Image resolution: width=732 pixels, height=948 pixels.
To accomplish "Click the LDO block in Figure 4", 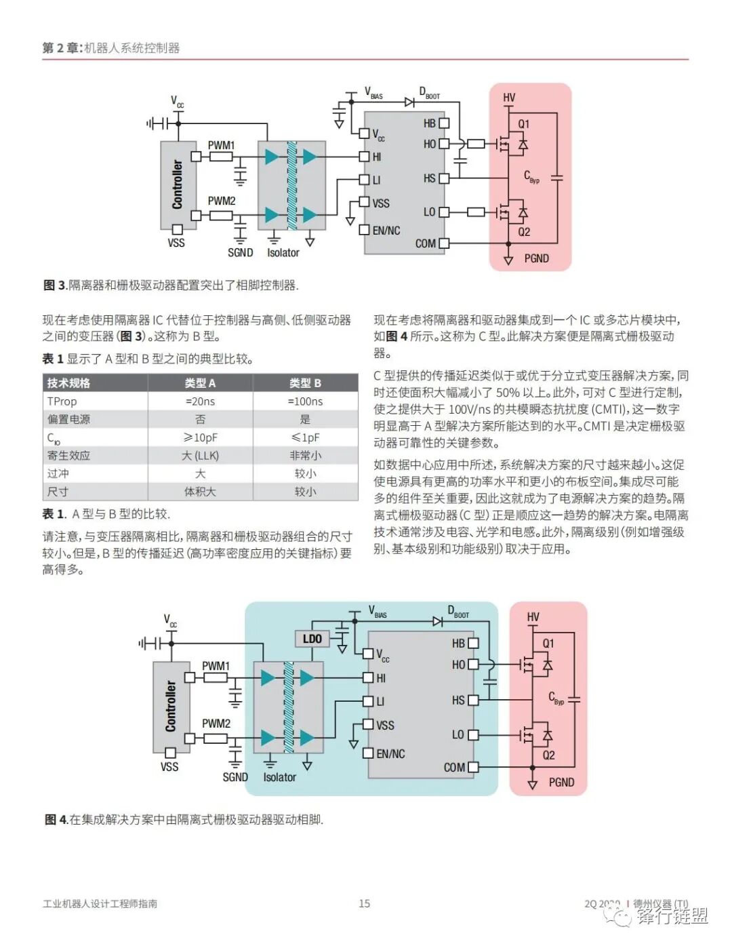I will (312, 639).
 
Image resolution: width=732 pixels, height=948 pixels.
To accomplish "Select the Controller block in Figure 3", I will (178, 184).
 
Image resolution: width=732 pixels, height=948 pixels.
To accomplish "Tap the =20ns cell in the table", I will (200, 401).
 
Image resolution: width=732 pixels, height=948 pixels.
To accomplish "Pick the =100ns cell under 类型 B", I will (305, 401).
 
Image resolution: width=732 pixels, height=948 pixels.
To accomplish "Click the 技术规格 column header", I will (68, 383).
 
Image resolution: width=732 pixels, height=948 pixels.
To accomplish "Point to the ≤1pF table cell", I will (305, 437).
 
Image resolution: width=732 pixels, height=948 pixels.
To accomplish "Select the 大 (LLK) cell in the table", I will (200, 456).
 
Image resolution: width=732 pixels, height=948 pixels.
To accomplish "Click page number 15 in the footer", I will (365, 903).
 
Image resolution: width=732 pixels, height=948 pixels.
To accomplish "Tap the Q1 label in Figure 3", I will (524, 124).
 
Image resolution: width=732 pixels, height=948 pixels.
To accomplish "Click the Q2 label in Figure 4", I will (548, 755).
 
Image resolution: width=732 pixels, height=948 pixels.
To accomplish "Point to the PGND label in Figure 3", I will (536, 258).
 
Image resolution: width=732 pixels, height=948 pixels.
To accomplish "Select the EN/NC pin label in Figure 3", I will (386, 231).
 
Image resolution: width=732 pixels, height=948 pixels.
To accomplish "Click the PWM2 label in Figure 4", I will (216, 724).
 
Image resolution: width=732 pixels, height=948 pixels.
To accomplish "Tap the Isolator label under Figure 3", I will (283, 253).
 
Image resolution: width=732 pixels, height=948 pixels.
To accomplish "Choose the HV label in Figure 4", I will (533, 617).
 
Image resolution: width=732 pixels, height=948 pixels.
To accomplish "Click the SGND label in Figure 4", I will (235, 777).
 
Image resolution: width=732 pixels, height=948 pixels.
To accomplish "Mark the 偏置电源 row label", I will (68, 419).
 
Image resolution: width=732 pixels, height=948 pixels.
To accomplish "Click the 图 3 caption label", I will (55, 285).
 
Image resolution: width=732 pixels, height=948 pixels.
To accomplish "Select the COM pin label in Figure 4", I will (454, 768).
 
